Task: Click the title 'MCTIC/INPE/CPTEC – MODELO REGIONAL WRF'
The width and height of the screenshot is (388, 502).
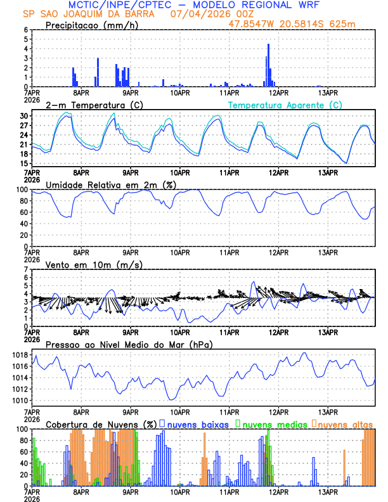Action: click(x=194, y=5)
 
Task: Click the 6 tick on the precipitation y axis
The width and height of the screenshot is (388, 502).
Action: click(x=25, y=30)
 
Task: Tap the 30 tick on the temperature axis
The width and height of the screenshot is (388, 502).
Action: click(x=23, y=116)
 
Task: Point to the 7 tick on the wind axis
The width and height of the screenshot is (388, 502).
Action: click(x=25, y=270)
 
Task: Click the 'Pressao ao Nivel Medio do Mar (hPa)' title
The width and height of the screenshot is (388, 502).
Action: click(x=129, y=344)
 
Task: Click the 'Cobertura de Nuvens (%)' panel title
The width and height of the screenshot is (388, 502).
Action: click(x=100, y=424)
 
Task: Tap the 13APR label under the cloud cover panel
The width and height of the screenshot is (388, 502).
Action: click(x=328, y=491)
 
